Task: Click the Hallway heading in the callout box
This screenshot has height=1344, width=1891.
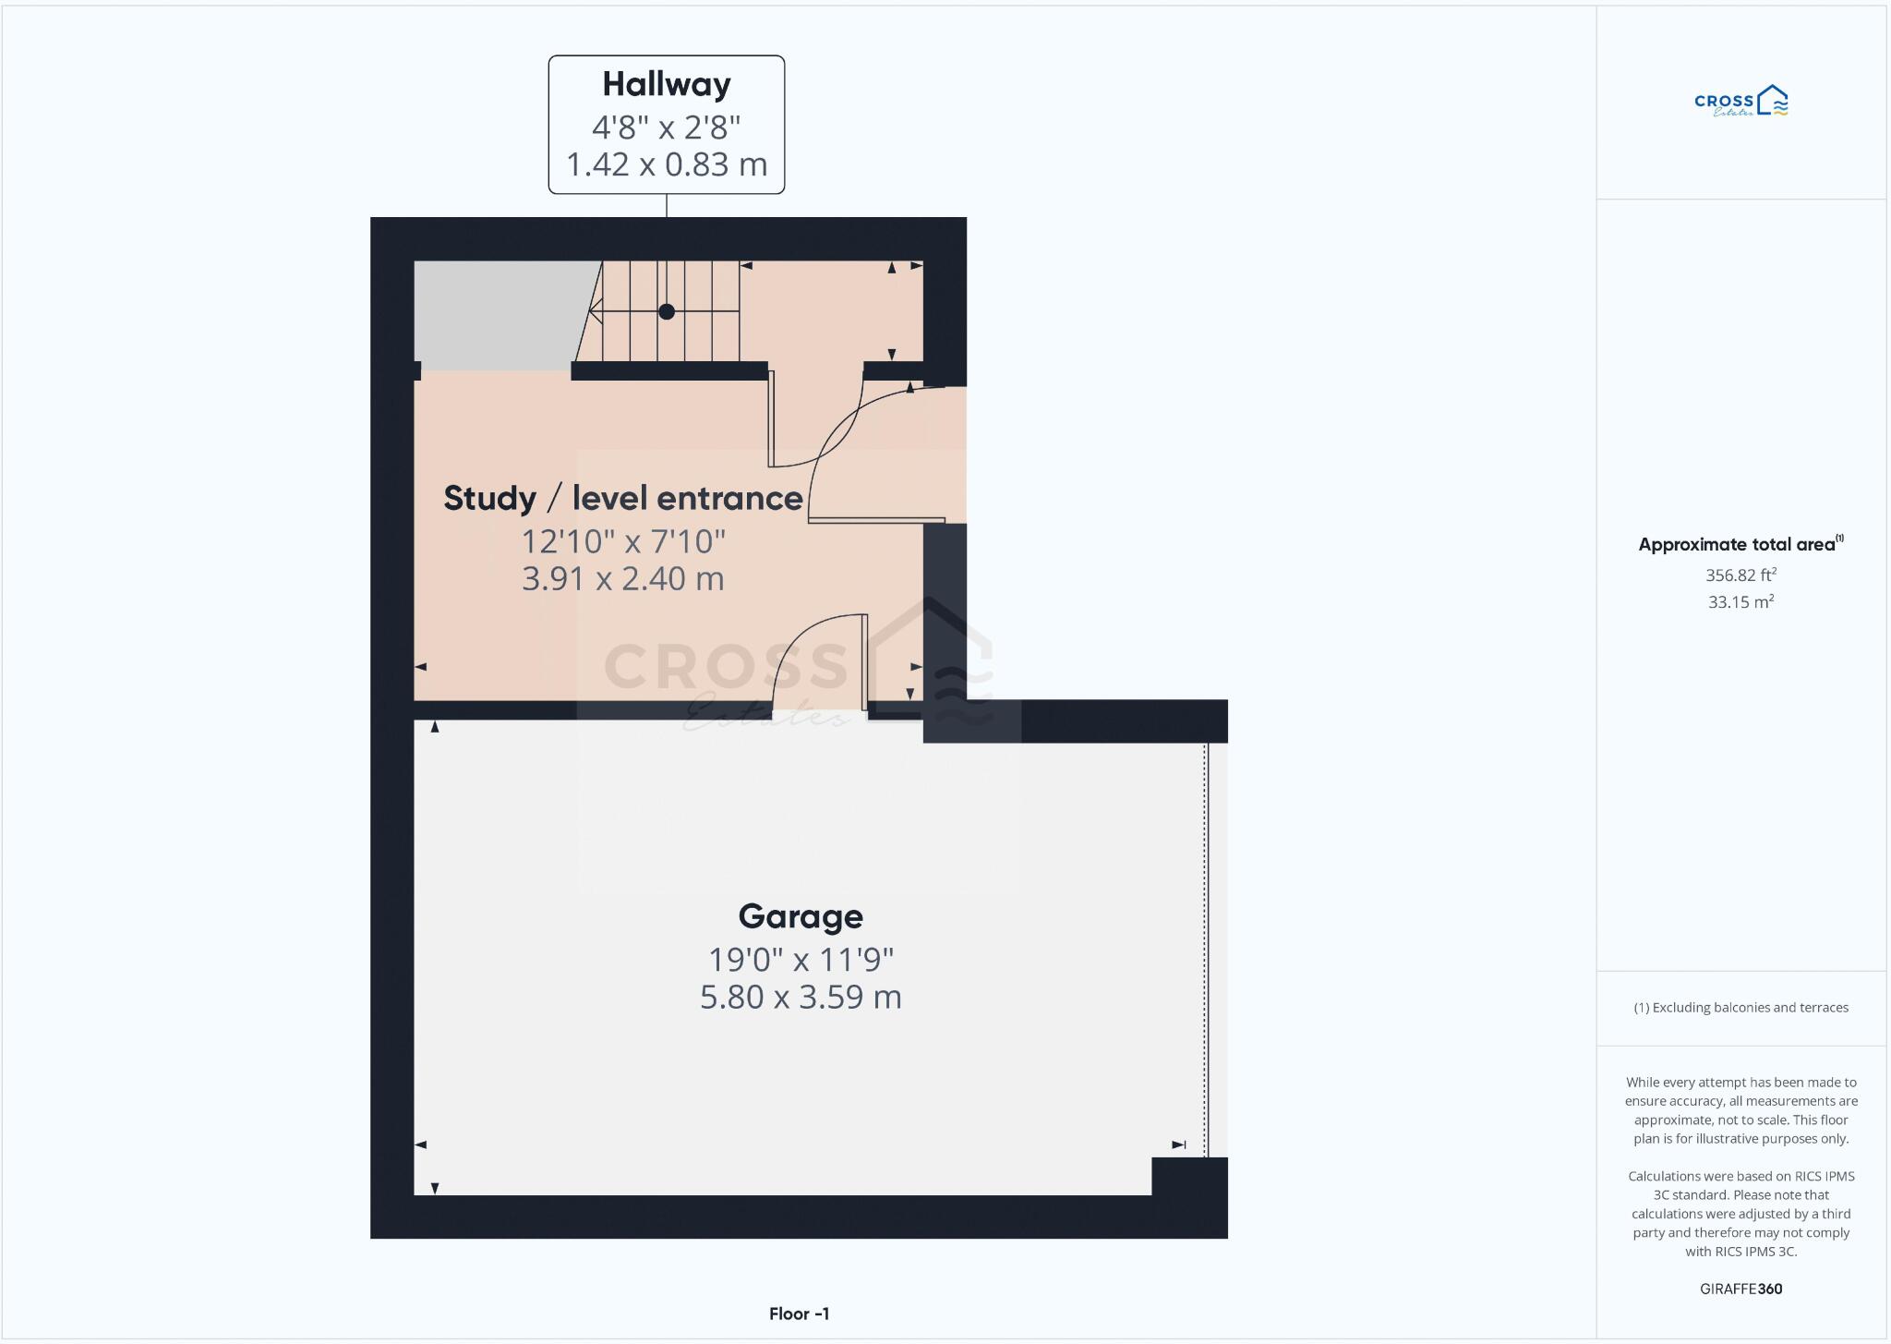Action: tap(666, 84)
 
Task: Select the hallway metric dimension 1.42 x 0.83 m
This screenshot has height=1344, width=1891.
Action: tap(666, 164)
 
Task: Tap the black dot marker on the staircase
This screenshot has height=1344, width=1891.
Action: tap(666, 311)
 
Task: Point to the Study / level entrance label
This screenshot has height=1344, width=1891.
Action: tap(622, 498)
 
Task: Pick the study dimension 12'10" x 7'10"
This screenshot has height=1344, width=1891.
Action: tap(623, 541)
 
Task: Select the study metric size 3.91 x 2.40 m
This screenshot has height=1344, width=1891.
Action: tap(622, 579)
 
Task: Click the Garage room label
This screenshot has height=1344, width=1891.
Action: tap(800, 916)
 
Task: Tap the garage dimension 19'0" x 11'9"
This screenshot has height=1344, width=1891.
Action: tap(800, 960)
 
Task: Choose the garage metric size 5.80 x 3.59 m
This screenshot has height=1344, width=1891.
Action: tap(800, 998)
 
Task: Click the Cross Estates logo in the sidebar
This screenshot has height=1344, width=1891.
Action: tap(1740, 102)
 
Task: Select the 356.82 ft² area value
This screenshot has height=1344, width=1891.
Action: tap(1740, 575)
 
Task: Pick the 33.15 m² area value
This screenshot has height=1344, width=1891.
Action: tap(1740, 602)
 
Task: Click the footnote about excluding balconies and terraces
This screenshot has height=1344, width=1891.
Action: tap(1740, 1008)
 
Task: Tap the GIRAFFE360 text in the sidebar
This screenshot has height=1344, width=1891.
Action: tap(1740, 1289)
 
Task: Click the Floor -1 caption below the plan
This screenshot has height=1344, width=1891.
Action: tap(799, 1314)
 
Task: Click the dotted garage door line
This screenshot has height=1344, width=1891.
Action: tap(1205, 942)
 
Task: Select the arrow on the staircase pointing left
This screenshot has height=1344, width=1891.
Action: tap(596, 311)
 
